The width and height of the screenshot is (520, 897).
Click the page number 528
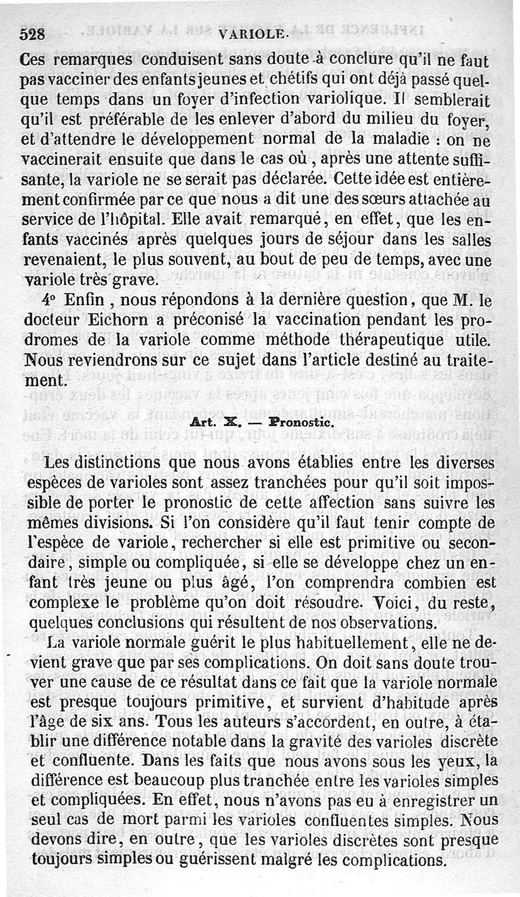pos(32,34)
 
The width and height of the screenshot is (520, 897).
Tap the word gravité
pos(354,741)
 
